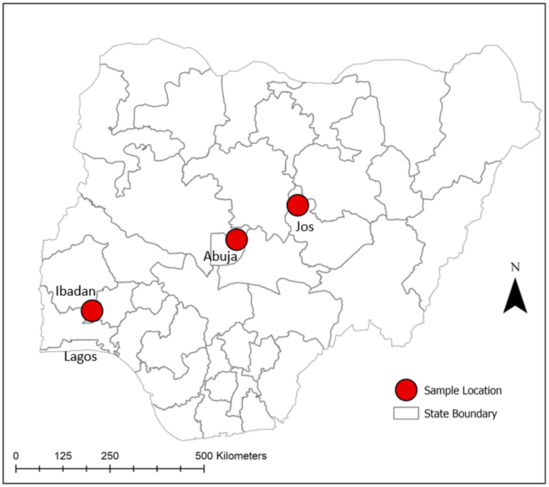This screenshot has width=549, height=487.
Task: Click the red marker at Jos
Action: [298, 205]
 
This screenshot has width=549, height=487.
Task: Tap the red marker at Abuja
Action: [236, 239]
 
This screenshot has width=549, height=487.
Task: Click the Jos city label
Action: [305, 227]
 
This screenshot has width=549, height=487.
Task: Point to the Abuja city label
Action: [220, 256]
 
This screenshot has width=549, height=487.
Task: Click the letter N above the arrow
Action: [515, 267]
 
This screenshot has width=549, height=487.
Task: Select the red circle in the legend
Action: [406, 390]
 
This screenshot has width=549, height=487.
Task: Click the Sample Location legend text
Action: [463, 391]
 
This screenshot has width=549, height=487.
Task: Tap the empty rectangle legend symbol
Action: [406, 413]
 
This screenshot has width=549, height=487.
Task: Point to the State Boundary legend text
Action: [460, 414]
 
